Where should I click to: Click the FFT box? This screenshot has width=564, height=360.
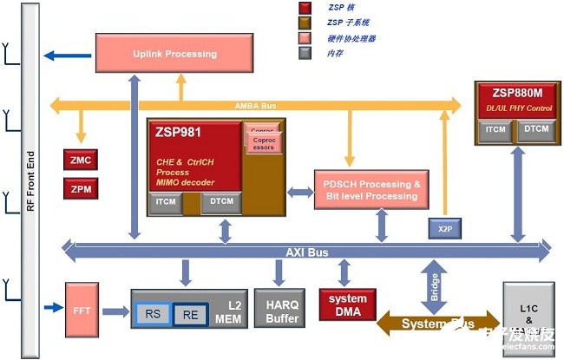(83, 311)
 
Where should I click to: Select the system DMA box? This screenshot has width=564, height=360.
(347, 305)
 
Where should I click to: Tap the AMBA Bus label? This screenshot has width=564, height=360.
(256, 105)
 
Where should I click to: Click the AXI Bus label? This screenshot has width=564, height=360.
(307, 252)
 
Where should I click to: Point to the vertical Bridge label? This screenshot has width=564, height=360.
(435, 285)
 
